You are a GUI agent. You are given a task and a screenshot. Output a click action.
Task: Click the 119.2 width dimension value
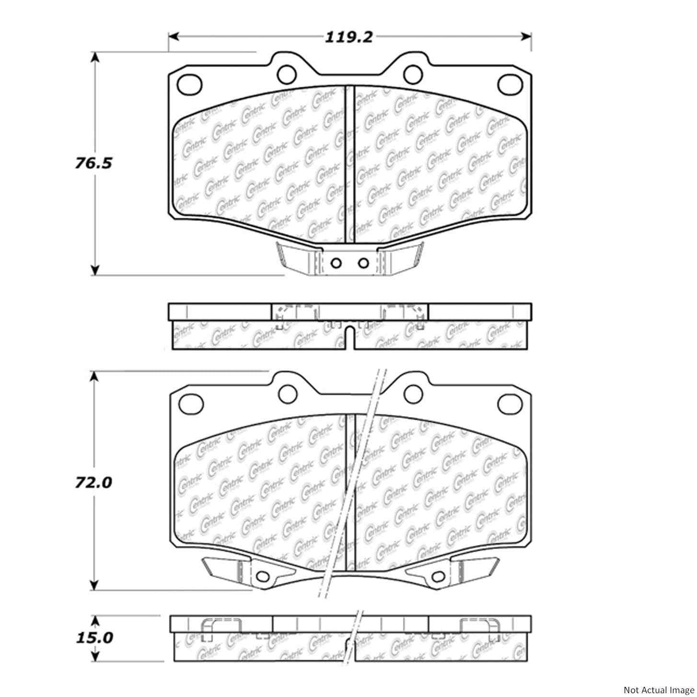tap(348, 37)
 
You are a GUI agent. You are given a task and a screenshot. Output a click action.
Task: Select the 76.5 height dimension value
tap(93, 163)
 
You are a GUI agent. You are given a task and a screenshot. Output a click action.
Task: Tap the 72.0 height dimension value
tap(93, 482)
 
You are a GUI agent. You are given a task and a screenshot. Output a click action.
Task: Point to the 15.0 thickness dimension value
tap(93, 638)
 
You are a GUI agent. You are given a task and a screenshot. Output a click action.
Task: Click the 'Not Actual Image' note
tap(658, 690)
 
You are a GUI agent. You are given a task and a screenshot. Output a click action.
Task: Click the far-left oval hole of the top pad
tap(189, 84)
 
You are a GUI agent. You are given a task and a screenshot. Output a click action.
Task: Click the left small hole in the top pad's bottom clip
tap(336, 263)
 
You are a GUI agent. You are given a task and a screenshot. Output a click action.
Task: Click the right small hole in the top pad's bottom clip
tap(364, 263)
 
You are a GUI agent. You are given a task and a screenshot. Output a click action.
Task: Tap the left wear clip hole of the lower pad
tap(262, 576)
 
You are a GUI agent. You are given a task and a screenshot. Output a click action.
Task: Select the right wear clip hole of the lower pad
tap(437, 576)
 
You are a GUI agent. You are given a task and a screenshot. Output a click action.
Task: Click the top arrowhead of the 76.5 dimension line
tap(95, 57)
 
